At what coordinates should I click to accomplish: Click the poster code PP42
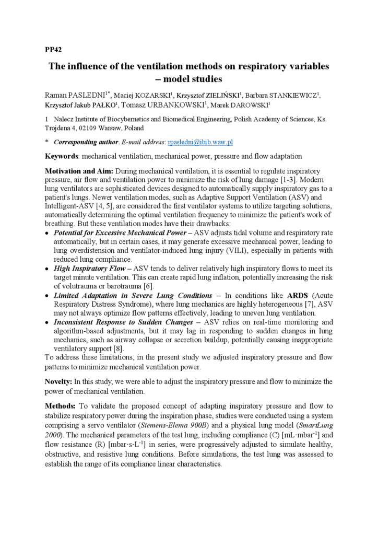(53, 50)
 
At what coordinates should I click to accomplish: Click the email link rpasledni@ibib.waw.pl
(200, 142)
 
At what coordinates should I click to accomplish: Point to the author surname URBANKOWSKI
(175, 105)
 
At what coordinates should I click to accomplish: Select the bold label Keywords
(62, 156)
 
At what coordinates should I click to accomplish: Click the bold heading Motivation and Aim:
(78, 171)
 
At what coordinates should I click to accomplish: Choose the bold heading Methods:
(61, 406)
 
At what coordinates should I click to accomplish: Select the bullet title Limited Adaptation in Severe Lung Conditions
(133, 295)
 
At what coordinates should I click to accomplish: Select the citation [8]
(119, 348)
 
